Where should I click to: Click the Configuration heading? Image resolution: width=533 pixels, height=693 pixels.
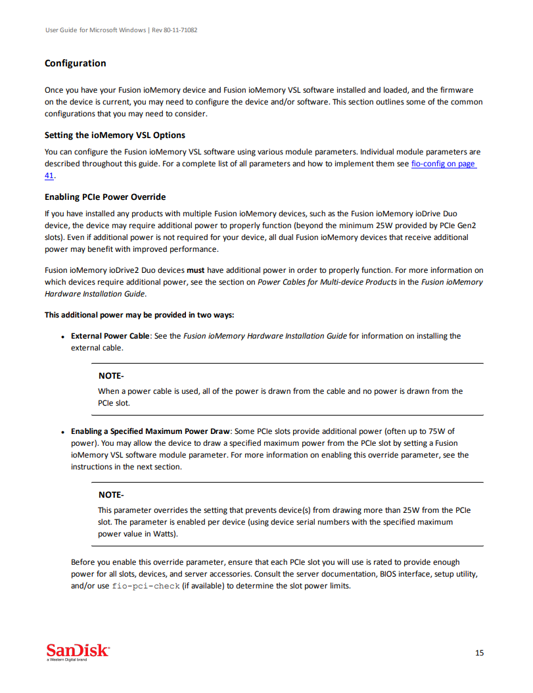click(x=75, y=64)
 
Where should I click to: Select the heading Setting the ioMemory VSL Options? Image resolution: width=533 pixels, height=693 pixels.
click(x=114, y=135)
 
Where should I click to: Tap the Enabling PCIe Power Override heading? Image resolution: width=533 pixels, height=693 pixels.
click(x=104, y=197)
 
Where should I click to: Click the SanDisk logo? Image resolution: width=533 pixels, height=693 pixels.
click(x=78, y=651)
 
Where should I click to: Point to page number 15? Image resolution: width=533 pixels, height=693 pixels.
click(x=479, y=653)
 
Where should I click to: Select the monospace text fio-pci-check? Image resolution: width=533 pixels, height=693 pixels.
click(x=146, y=586)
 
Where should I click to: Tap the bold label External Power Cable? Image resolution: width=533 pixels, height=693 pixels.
click(x=110, y=336)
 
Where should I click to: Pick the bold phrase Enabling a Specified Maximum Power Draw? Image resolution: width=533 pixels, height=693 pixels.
click(x=151, y=431)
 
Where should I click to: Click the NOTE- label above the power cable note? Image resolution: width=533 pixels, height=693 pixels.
click(x=110, y=376)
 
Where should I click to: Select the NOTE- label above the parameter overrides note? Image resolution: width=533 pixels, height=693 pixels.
click(x=110, y=495)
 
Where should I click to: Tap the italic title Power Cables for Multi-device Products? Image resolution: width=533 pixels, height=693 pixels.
click(x=327, y=282)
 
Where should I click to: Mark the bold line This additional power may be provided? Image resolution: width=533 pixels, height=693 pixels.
click(x=139, y=315)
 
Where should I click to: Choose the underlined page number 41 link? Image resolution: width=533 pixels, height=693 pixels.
click(x=49, y=176)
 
